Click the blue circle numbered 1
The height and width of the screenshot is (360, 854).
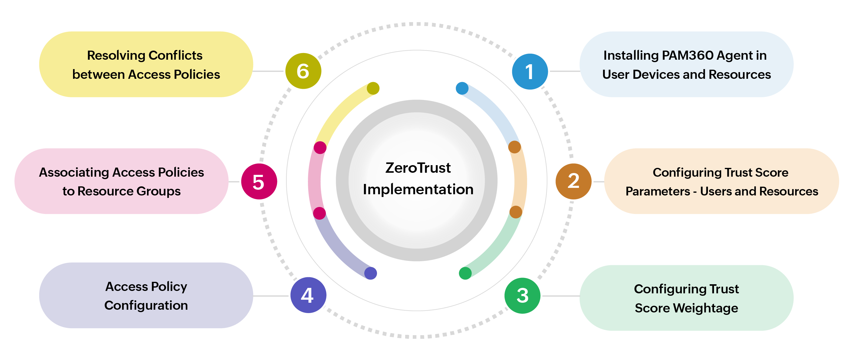(x=529, y=72)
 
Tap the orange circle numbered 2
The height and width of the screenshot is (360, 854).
(x=573, y=181)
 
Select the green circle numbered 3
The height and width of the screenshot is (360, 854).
(x=522, y=296)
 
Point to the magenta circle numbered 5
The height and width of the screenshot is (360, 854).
(x=259, y=181)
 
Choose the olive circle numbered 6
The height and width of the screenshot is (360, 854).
(x=303, y=71)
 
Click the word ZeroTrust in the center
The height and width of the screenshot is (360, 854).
(x=418, y=168)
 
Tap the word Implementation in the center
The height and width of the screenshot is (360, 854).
(x=418, y=189)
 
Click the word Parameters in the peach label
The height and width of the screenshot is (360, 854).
(x=657, y=191)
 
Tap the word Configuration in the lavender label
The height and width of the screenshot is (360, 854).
(x=146, y=305)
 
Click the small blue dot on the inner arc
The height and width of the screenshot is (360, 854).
(x=462, y=88)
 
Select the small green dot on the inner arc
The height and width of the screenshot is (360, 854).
(x=465, y=273)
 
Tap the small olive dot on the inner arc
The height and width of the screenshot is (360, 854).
(x=373, y=88)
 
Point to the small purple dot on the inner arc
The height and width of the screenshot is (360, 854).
(x=370, y=273)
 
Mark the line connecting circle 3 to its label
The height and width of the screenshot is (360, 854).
(x=560, y=296)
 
